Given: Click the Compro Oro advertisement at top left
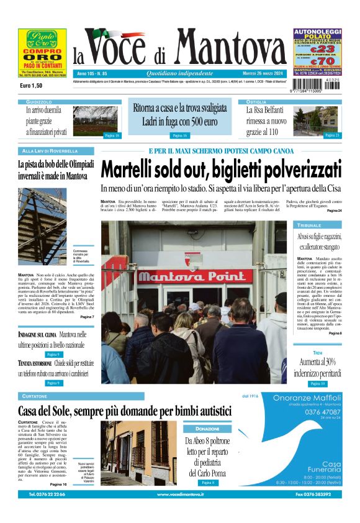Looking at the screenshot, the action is coord(42,55).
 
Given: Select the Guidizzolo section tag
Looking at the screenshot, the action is coord(38,101).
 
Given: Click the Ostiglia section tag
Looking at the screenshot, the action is coord(256,101).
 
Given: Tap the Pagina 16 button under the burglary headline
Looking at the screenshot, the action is coord(179,135).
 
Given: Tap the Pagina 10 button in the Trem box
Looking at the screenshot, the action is coord(318,384).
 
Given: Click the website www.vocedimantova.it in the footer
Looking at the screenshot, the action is coord(179,494).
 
